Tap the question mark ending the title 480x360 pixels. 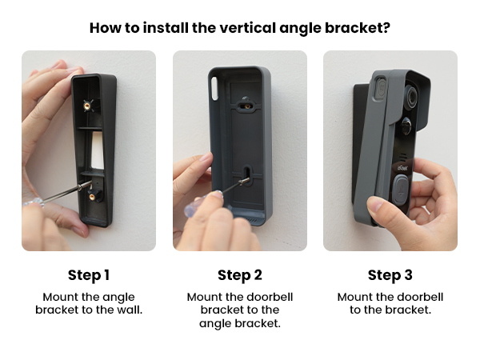[x=386, y=28]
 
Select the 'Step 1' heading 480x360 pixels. [x=89, y=275]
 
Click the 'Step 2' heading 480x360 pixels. [x=240, y=275]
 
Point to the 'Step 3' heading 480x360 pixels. [x=390, y=275]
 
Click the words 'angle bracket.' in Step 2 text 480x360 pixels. [x=240, y=323]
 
